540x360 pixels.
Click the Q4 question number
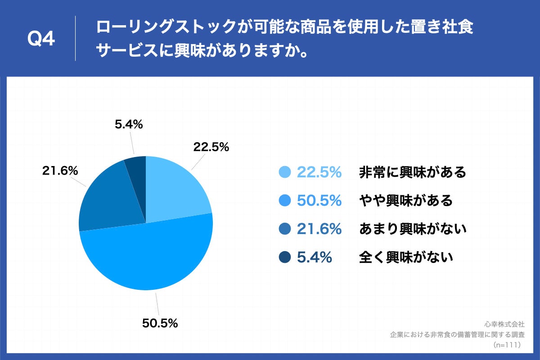pyautogui.click(x=41, y=39)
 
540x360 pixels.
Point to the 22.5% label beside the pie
pyautogui.click(x=211, y=147)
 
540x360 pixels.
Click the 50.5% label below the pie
pyautogui.click(x=160, y=323)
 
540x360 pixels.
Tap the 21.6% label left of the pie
pyautogui.click(x=60, y=171)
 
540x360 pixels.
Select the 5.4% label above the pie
pyautogui.click(x=129, y=125)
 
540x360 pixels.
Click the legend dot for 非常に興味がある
pyautogui.click(x=285, y=172)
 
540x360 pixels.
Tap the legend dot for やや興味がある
pyautogui.click(x=285, y=201)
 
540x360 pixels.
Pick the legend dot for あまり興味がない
pyautogui.click(x=285, y=229)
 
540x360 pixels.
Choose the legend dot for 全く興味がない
pyautogui.click(x=285, y=257)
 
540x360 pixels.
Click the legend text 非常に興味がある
pyautogui.click(x=412, y=172)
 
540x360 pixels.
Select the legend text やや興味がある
pyautogui.click(x=405, y=201)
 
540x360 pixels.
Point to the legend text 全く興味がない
pyautogui.click(x=405, y=257)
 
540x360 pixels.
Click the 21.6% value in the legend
pyautogui.click(x=319, y=229)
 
